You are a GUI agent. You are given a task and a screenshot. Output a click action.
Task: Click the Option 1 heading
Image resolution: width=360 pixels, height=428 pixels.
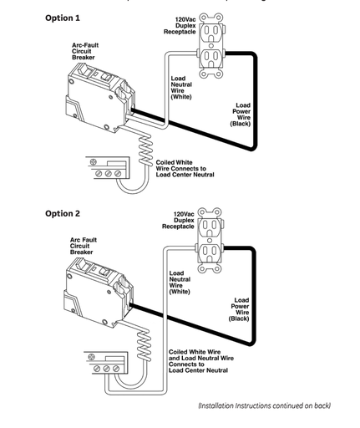coord(63,18)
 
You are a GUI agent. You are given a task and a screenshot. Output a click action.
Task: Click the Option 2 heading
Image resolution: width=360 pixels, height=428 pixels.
coord(63,214)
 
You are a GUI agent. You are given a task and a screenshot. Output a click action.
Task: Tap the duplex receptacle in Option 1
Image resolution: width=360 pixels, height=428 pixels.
coord(211,45)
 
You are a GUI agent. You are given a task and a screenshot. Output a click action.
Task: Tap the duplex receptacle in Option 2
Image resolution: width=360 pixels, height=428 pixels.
coord(210,240)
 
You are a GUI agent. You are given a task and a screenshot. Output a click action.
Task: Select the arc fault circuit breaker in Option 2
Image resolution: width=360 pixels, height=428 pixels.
coord(99,293)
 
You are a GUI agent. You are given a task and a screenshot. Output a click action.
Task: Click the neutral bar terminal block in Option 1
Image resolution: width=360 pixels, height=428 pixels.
coord(108,168)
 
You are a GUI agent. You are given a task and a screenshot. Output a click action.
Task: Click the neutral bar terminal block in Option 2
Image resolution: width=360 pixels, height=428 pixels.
coord(106,363)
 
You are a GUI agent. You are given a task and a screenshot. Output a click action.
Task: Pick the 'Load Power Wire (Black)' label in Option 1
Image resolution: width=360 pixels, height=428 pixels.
coord(241,115)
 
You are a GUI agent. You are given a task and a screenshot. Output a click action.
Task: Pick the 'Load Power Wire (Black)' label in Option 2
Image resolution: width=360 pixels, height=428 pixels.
coord(239,309)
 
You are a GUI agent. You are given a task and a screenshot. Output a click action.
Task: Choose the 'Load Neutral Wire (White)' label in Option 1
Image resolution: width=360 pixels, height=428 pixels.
coord(181,88)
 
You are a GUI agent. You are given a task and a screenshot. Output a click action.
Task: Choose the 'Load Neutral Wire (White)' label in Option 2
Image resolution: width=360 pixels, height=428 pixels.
coord(180,283)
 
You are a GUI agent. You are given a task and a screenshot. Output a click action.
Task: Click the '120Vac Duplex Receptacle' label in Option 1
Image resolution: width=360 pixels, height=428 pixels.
coord(180,26)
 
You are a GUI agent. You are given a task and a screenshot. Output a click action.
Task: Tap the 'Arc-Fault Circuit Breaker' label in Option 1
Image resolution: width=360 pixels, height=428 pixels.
coord(85,51)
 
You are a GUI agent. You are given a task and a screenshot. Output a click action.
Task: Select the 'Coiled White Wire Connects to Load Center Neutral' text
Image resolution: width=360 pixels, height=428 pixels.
coord(185,169)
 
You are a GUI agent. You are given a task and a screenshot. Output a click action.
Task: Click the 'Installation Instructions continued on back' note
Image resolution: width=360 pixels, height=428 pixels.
coord(265,405)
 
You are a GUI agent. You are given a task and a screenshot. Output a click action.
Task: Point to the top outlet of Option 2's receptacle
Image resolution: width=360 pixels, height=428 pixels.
coord(210,227)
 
